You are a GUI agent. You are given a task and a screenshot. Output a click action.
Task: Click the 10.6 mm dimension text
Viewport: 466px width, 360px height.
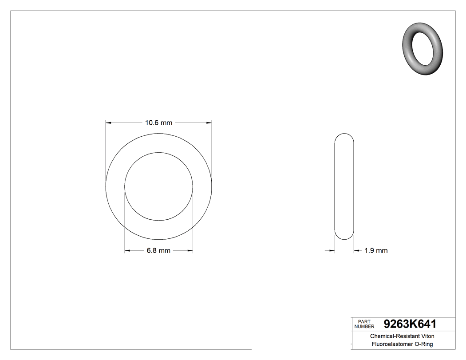coord(158,123)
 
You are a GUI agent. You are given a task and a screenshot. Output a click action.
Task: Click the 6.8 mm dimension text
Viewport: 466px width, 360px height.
coord(158,251)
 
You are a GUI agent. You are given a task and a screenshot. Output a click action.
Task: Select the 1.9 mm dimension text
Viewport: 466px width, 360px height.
coord(376,251)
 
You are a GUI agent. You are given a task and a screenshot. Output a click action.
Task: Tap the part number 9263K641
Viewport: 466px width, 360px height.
coord(410,324)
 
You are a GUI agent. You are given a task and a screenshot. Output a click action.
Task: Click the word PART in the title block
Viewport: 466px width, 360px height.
coord(363,321)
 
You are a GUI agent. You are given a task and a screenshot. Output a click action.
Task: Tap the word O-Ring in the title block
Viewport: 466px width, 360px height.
coord(424,344)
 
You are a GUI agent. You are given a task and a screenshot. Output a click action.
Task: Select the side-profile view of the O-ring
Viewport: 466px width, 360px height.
coord(344,186)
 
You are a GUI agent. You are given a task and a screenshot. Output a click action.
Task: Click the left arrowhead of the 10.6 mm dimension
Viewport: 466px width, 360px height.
coord(108,123)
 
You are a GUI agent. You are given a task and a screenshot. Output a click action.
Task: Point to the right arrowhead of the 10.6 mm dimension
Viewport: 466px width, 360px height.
coord(209,123)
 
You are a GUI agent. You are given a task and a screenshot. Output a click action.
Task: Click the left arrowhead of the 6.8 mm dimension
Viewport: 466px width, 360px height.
coord(127,251)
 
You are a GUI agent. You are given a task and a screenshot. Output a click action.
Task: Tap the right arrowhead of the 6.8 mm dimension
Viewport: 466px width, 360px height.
coord(190,251)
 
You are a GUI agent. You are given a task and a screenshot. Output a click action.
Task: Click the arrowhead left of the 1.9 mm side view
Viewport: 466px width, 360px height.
coord(332,251)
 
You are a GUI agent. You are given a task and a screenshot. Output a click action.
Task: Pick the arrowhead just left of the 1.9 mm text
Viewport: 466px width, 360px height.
coord(356,251)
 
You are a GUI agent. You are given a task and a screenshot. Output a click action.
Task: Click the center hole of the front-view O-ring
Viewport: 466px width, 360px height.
coord(158,186)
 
